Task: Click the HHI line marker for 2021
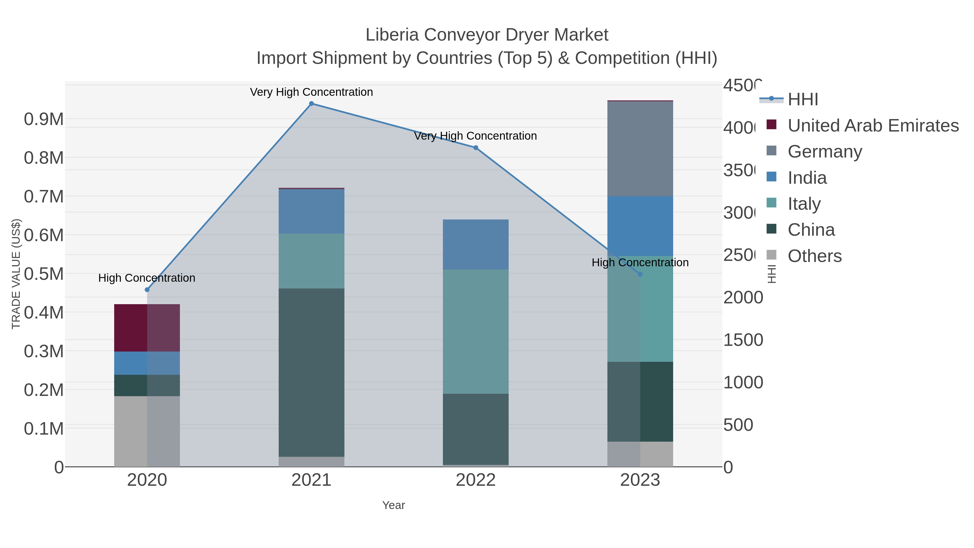(311, 104)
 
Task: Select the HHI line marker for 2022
(476, 148)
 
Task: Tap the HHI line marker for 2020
(147, 290)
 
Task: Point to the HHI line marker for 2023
(640, 274)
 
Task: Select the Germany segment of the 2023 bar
(640, 149)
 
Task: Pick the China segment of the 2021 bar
(311, 373)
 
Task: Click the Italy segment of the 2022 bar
(476, 332)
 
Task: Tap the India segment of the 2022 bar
(476, 244)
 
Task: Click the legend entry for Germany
(825, 152)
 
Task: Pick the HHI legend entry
(803, 100)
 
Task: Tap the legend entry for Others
(814, 256)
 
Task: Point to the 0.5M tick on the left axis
(44, 274)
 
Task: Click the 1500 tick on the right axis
(743, 340)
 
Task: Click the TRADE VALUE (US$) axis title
(16, 274)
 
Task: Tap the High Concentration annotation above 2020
(147, 278)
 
